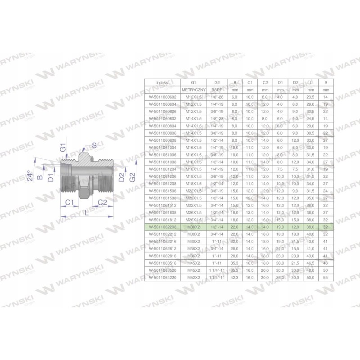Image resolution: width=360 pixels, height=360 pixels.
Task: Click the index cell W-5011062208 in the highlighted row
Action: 161,227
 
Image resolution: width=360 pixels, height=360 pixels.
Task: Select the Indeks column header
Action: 161,83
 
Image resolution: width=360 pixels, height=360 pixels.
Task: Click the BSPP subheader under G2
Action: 217,90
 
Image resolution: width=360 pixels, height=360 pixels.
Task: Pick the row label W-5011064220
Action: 161,278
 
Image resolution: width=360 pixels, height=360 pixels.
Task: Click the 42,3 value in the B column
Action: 234,278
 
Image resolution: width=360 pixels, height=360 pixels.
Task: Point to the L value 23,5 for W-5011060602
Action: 310,97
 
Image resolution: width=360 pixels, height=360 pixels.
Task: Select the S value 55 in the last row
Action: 325,278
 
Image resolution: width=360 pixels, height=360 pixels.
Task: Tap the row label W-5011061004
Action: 161,147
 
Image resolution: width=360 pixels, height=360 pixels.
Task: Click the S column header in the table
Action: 325,83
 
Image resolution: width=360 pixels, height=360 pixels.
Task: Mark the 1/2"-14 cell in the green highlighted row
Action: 217,227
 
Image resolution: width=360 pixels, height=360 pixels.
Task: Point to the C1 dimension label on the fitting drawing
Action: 69,203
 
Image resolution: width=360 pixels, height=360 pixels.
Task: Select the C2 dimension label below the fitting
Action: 102,202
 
